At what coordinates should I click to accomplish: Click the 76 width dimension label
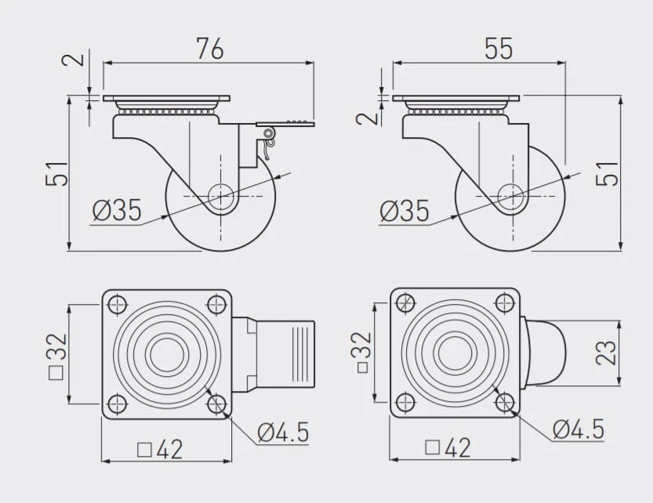[x=210, y=49]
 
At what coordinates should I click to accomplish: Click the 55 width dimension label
[x=499, y=49]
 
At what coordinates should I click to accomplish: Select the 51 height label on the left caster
[x=56, y=173]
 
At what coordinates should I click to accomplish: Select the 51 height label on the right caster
[x=608, y=173]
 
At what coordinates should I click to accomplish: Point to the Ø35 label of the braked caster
[x=117, y=210]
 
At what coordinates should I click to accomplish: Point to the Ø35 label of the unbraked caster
[x=404, y=210]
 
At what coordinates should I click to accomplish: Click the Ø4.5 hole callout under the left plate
[x=283, y=432]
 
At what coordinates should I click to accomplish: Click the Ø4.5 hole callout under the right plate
[x=579, y=429]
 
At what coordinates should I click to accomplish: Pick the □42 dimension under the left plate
[x=160, y=450]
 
